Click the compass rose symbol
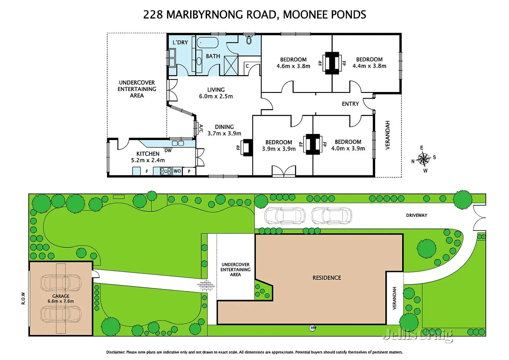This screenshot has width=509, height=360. point(423,159)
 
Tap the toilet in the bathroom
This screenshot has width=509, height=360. point(249,40)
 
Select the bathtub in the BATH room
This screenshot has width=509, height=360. point(208,43)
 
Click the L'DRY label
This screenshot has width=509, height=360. point(180,42)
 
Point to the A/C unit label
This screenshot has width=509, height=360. point(201,128)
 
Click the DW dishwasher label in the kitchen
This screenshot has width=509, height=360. point(168,151)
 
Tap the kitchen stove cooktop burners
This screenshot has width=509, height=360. point(166,171)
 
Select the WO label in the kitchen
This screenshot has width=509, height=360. point(177,171)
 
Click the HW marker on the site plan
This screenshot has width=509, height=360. point(313,328)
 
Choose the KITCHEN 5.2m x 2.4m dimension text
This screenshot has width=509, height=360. point(148,160)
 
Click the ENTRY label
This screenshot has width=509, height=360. point(350,104)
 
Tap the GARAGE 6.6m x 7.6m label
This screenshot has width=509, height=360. point(61,299)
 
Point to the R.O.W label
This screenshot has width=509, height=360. point(23,298)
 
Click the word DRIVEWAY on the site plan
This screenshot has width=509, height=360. point(416,215)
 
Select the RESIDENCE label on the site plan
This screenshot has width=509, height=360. point(326,278)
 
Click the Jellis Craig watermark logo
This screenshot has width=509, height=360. point(418,334)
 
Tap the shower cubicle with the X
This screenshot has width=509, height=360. point(231,65)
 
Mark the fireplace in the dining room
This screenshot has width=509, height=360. point(247,147)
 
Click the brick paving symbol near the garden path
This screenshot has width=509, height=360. point(206,286)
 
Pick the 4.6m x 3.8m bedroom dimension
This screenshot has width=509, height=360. point(293,66)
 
